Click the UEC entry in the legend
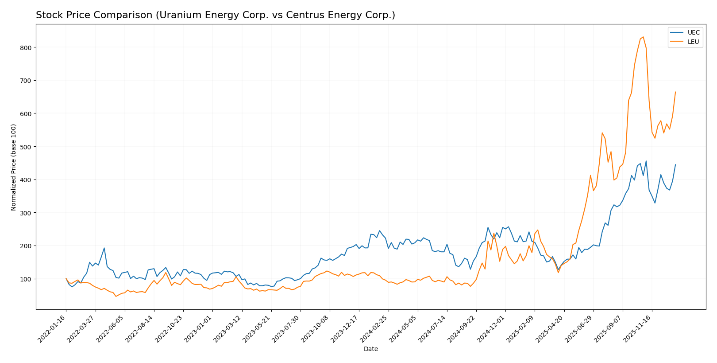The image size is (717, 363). pos(693,33)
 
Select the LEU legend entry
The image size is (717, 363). pos(693,42)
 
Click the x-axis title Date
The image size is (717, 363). pos(370,349)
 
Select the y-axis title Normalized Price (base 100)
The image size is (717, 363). pos(14,167)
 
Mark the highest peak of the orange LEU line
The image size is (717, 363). pos(643,37)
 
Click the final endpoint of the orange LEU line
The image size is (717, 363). pos(675,92)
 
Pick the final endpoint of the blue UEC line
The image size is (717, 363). pos(675,164)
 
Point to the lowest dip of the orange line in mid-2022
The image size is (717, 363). pos(116,296)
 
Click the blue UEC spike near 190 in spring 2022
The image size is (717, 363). pos(104,248)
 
